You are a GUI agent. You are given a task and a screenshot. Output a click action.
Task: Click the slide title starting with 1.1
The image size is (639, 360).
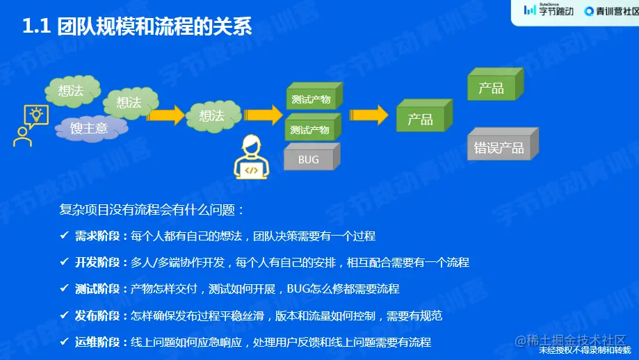[x=137, y=26]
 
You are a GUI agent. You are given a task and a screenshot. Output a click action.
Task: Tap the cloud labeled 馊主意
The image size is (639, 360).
[x=89, y=128]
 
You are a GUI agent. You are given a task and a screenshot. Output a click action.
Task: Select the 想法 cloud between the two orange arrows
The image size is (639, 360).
[x=211, y=115]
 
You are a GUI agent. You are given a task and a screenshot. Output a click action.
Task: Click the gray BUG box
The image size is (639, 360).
[x=309, y=160]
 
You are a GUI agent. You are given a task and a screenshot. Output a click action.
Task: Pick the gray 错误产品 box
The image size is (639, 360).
[x=499, y=148]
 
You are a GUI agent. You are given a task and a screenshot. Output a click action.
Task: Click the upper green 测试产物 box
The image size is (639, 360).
[x=310, y=99]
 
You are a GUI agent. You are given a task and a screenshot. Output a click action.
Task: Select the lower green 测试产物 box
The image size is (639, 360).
[x=310, y=130]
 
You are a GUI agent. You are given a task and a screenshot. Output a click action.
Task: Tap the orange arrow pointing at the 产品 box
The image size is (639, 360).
[x=368, y=115]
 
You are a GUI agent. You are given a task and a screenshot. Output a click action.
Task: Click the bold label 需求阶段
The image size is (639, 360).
[x=97, y=236]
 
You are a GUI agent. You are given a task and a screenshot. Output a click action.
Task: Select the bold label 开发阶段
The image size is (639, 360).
[x=97, y=263]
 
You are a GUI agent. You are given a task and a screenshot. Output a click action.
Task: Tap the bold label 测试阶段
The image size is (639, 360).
[x=97, y=289]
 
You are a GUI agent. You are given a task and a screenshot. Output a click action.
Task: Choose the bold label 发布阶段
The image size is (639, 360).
[x=97, y=316]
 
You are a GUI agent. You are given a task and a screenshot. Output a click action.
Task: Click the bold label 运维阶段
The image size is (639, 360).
[x=97, y=342]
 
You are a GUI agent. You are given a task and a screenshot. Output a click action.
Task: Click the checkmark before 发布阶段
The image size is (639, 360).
[x=64, y=316]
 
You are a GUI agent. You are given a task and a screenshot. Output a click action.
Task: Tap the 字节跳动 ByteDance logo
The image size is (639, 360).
[x=548, y=10]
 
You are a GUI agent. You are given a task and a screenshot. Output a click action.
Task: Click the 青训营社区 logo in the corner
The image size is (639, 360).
[x=610, y=10]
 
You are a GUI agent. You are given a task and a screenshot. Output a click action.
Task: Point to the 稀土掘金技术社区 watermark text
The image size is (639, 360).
[x=570, y=340]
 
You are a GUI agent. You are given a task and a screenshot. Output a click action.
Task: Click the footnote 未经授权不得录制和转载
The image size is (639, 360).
[x=588, y=354]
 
